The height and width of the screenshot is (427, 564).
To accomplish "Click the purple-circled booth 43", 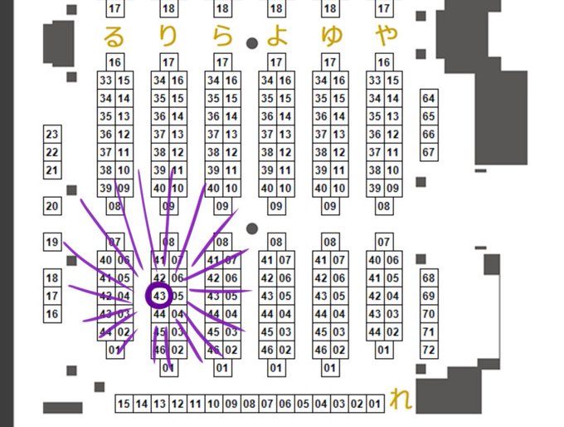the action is tap(159, 296).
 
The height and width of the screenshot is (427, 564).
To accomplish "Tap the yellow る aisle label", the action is tap(114, 36).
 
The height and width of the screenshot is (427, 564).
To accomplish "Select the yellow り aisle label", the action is tap(168, 36).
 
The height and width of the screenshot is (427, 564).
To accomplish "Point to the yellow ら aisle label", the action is tap(222, 36).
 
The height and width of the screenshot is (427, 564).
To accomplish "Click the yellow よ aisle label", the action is tap(276, 36).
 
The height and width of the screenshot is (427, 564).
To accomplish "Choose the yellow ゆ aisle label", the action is tap(330, 36).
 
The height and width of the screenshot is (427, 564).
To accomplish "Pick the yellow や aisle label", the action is tap(385, 36).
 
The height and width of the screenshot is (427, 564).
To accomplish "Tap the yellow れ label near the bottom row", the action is tap(401, 400).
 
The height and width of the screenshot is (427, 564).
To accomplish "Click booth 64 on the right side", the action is tap(428, 98).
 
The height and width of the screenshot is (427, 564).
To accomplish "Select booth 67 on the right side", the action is tap(428, 153).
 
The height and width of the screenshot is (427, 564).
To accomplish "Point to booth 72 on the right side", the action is tap(428, 351).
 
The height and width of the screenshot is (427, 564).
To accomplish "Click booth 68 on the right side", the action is tap(428, 277).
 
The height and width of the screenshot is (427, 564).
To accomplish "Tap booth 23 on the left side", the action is tap(52, 134).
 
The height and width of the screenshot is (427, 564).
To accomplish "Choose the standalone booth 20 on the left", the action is tap(52, 207).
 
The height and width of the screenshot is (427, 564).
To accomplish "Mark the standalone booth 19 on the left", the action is tap(52, 243).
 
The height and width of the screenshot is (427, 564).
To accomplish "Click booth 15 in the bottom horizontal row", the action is tap(124, 404).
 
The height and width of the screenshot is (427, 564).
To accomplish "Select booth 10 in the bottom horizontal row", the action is tap(213, 404).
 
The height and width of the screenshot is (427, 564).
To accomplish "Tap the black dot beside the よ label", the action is tap(252, 44).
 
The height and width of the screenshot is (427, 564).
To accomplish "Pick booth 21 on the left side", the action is tap(52, 170).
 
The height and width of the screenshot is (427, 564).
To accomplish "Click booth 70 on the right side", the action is tap(428, 314).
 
